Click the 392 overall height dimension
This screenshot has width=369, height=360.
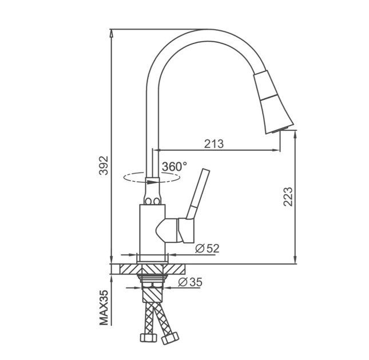104,166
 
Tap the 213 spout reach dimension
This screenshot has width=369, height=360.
214,144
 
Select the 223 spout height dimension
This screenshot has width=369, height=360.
288,197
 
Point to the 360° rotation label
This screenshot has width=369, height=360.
174,167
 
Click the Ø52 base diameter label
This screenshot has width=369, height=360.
207,249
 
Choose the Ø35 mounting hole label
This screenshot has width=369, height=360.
190,282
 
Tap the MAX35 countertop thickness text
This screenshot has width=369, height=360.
104,307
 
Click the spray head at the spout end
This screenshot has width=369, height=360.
272,102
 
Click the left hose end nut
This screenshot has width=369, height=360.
149,338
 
